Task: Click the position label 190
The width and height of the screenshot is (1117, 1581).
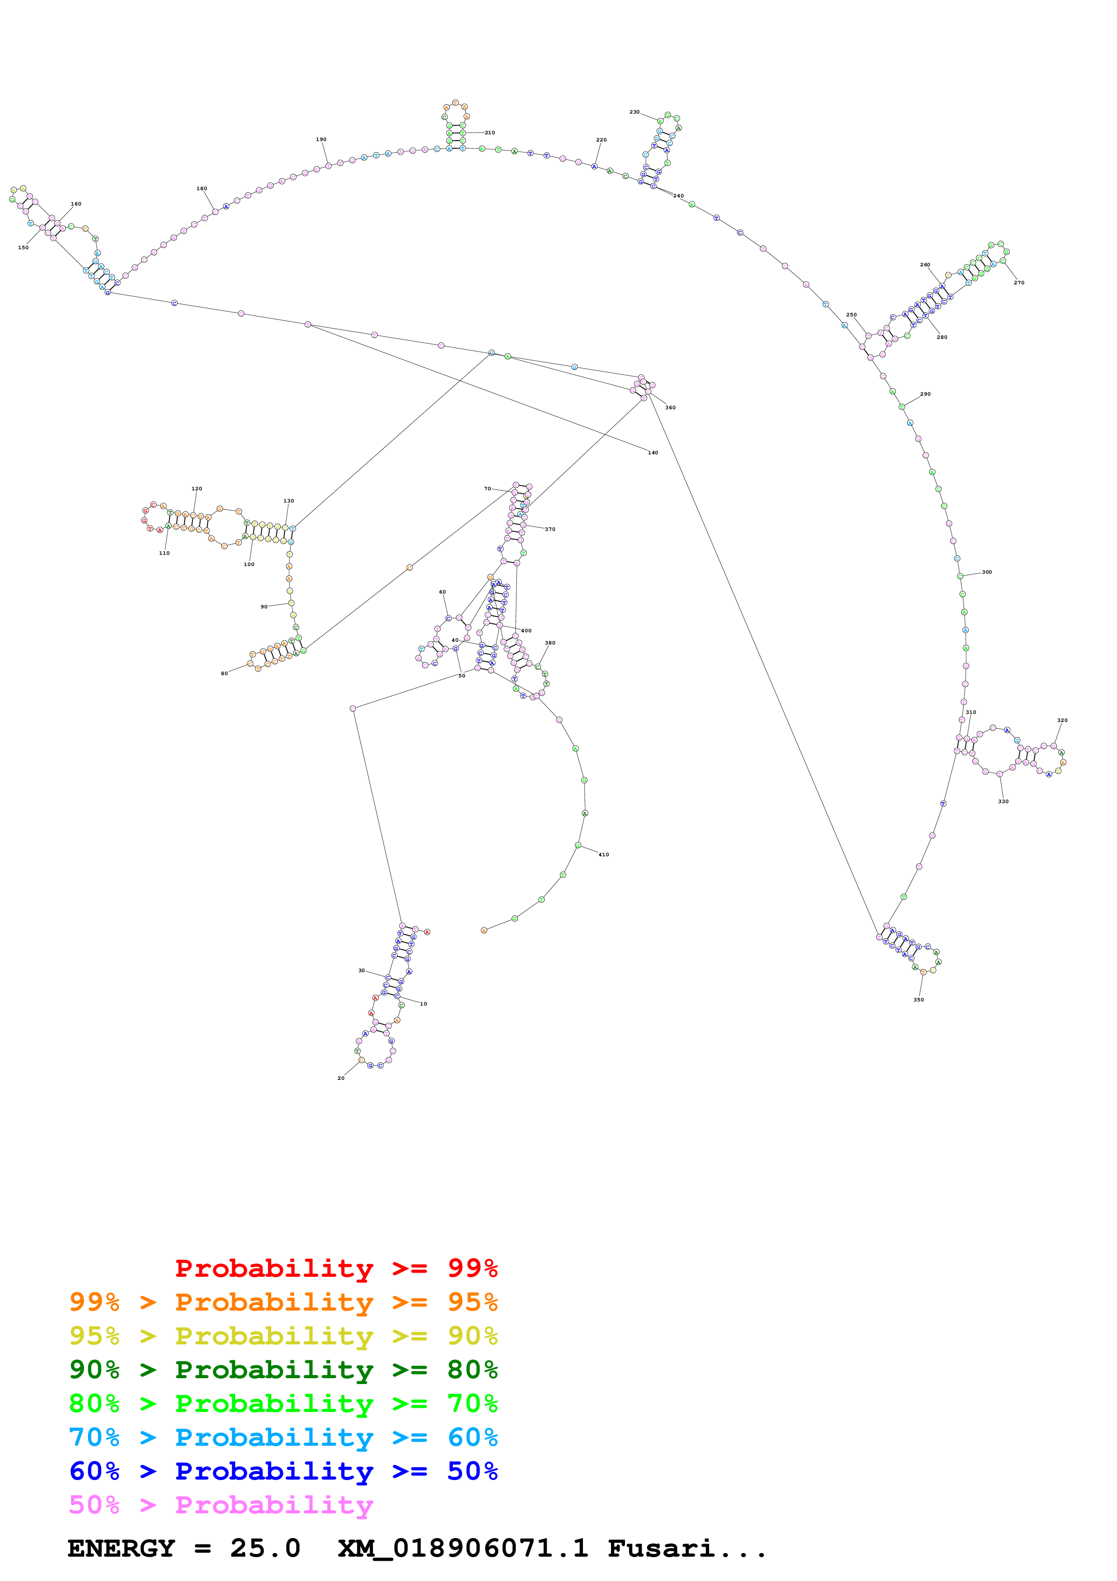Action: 321,140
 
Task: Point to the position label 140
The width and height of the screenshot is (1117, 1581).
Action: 652,453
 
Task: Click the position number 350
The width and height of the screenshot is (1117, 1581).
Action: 918,1000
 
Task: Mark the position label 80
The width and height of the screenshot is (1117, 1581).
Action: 224,673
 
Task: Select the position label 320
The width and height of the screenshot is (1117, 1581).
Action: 1062,720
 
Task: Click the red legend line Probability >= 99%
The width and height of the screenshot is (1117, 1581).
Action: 336,1268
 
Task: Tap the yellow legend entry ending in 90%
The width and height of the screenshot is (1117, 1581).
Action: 283,1335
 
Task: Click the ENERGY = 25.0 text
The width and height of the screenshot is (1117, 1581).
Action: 184,1549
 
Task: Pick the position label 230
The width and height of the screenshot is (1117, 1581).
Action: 634,112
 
